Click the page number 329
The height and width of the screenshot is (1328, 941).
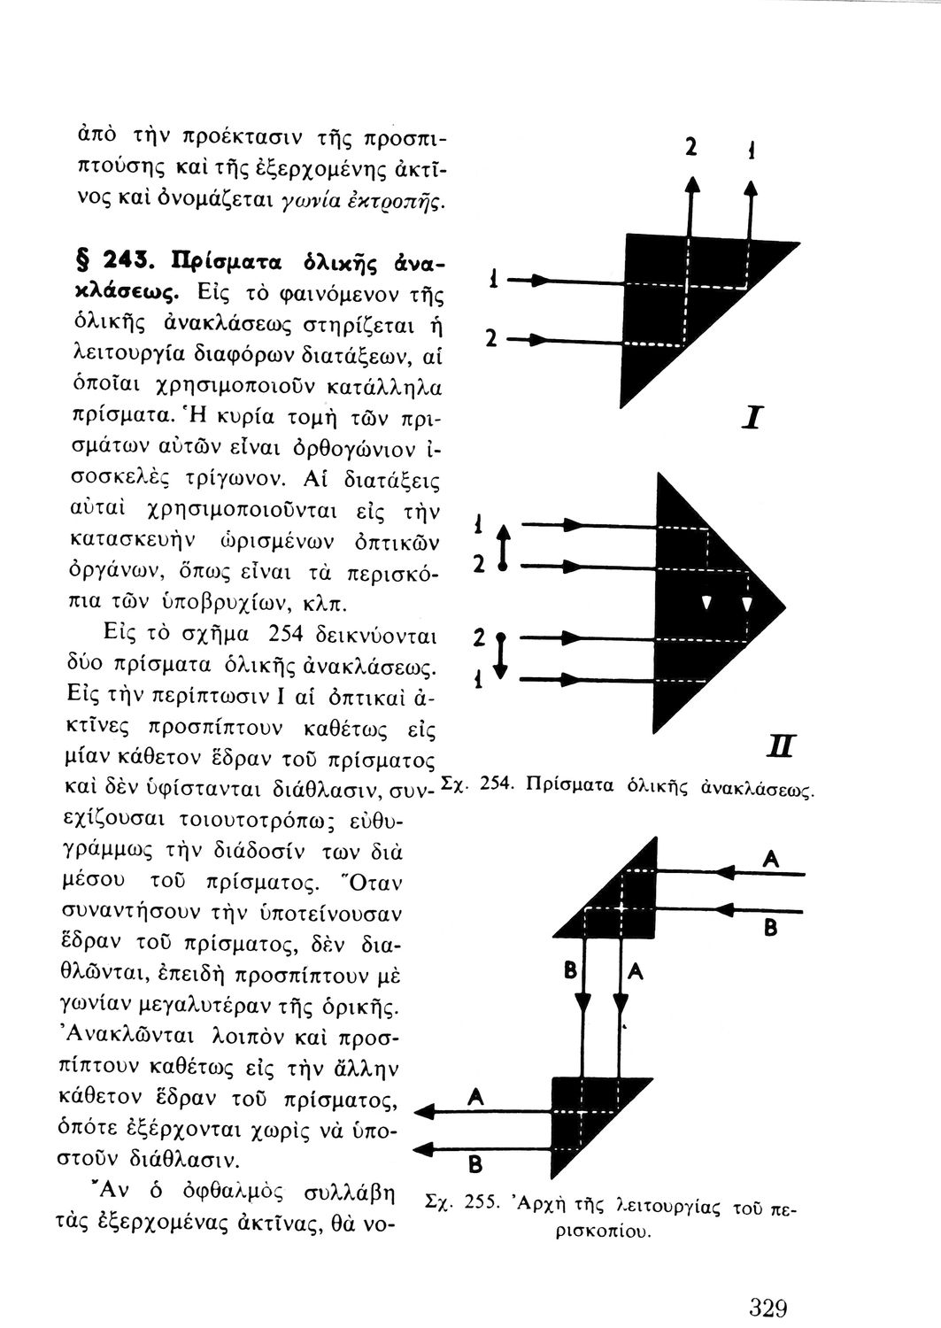pyautogui.click(x=767, y=1307)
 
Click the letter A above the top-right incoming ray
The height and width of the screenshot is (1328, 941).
pyautogui.click(x=772, y=859)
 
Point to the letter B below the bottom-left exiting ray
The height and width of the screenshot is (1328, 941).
pyautogui.click(x=474, y=1162)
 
